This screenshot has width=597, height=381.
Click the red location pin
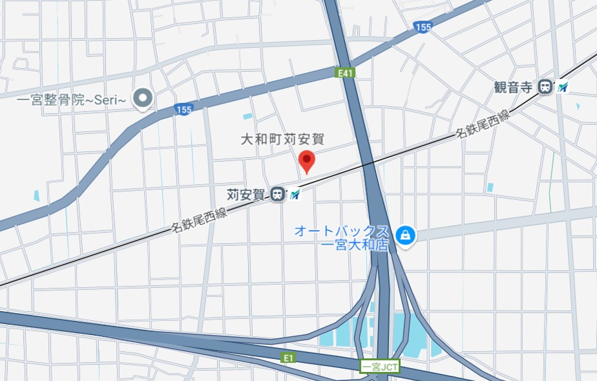[x=306, y=160]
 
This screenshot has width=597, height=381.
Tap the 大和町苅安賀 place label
[x=282, y=139]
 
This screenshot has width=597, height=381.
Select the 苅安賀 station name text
[x=246, y=193]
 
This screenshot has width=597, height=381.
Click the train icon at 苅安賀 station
[x=278, y=193]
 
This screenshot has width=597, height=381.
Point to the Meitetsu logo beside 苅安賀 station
[x=295, y=193]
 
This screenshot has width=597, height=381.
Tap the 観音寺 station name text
[x=514, y=87]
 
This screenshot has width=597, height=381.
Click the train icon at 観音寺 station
[x=547, y=87]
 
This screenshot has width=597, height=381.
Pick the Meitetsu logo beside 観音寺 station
[x=563, y=87]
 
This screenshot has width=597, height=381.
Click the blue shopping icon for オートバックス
[x=405, y=234]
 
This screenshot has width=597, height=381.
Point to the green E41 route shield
[x=346, y=74]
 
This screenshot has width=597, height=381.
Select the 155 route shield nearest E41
[x=422, y=27]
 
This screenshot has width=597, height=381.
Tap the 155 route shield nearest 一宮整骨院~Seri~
[x=184, y=110]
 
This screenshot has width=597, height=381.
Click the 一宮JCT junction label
[x=380, y=367]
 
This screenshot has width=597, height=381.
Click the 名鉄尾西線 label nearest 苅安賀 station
[x=199, y=220]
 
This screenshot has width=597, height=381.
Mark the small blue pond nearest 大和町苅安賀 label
[x=247, y=116]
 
